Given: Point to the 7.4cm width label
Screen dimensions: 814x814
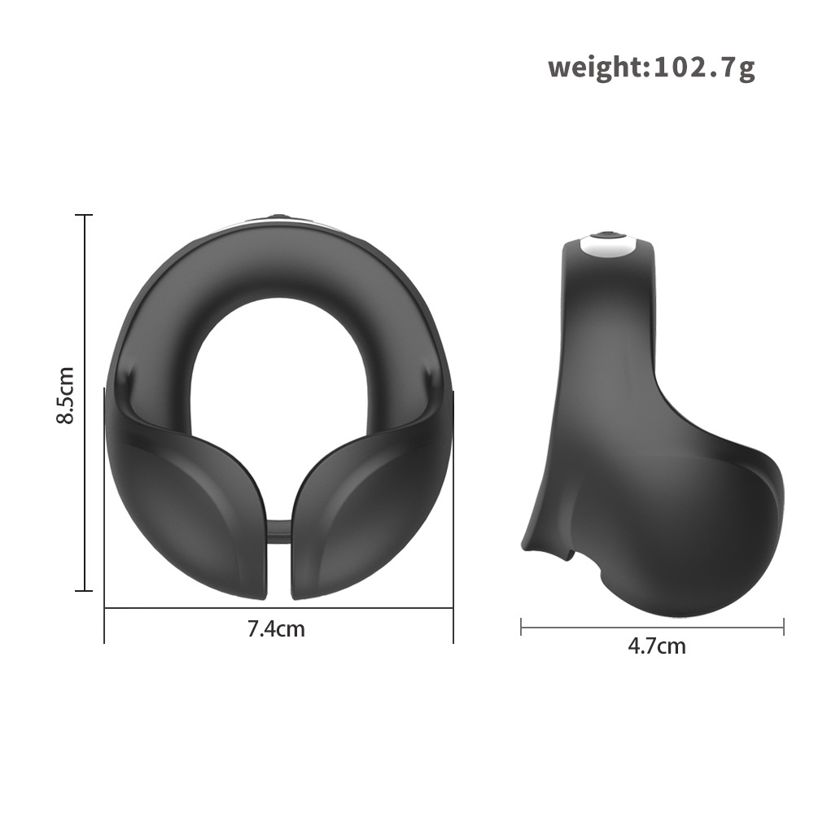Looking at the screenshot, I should point(276,628).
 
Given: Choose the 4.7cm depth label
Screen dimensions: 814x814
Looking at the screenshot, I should point(656,646).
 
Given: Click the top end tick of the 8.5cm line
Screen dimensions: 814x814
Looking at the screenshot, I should point(84,216).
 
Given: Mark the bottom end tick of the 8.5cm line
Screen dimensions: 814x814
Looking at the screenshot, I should point(84,590).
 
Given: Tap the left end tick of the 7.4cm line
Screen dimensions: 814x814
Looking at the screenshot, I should point(105,607).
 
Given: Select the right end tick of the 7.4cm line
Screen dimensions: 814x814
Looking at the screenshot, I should point(453,607).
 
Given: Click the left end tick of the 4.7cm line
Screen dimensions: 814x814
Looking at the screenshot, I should point(521,626).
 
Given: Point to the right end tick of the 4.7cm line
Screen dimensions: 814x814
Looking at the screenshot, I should point(783,626).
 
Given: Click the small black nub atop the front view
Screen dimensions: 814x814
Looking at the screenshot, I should point(279,217).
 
